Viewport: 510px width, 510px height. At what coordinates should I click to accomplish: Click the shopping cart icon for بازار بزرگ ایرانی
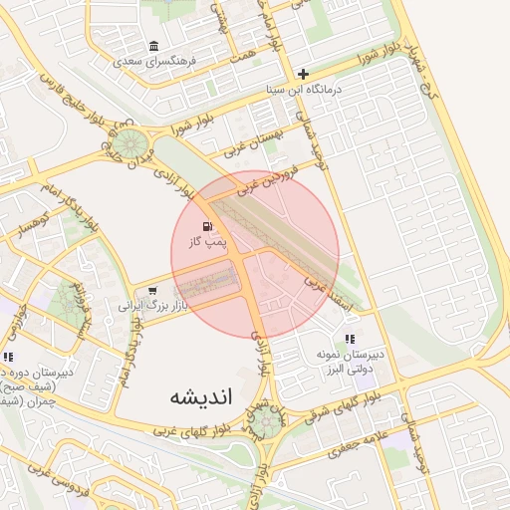click(151, 291)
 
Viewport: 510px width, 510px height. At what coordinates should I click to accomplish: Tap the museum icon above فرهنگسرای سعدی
click(153, 46)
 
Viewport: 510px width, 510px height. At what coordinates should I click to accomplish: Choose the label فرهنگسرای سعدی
click(155, 61)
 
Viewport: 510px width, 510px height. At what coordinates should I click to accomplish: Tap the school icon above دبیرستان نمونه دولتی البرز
click(349, 340)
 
